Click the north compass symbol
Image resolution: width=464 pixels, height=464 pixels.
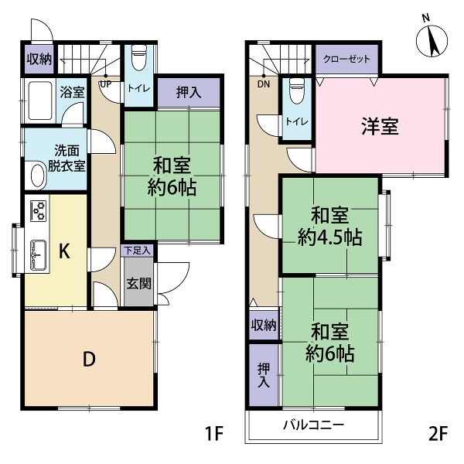coord(432,40)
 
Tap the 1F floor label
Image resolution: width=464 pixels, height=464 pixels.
coord(214,434)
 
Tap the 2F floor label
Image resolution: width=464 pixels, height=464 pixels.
coord(438,434)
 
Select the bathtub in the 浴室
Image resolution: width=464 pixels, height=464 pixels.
coord(40,101)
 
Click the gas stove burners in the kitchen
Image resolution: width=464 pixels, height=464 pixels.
coord(39,211)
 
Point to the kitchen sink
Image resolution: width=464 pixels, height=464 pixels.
coord(39,254)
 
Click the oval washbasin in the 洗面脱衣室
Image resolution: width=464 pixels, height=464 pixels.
coord(38,176)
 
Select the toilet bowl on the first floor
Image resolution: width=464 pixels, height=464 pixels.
coord(138,57)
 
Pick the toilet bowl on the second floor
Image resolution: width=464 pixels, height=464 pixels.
coord(297,90)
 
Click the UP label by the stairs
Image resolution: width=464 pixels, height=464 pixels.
coord(106,84)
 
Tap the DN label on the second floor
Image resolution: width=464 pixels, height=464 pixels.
coord(264,84)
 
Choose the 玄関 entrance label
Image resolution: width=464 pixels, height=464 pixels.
coord(138,284)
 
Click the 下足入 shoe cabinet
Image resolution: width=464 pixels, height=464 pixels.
coord(137,251)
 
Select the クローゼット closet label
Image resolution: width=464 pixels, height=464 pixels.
coord(346,59)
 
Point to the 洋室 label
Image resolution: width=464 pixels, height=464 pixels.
coord(380,126)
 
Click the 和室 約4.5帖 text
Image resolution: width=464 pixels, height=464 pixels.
coord(330,227)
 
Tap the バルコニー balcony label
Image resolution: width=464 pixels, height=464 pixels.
coord(314,425)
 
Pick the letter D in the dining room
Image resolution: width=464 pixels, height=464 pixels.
coord(89,359)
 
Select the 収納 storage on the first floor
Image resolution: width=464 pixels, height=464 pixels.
coord(39,60)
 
